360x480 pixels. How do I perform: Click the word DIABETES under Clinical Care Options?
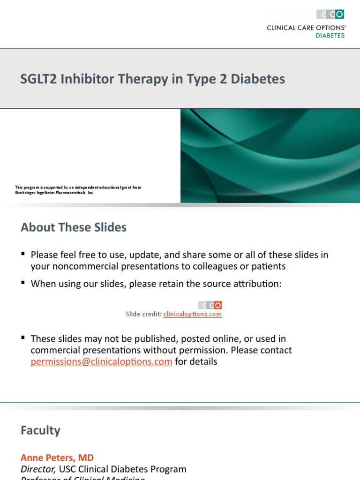click(x=330, y=36)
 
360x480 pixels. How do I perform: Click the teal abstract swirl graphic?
click(x=270, y=156)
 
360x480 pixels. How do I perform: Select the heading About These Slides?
click(x=74, y=228)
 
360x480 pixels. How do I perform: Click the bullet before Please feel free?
click(x=23, y=254)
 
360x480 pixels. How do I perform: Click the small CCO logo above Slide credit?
click(x=210, y=305)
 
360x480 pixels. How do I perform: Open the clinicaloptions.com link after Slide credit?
click(x=193, y=315)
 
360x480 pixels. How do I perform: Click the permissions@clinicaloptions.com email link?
click(x=102, y=362)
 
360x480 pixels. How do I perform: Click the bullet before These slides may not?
click(x=23, y=337)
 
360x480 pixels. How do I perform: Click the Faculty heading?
click(x=40, y=430)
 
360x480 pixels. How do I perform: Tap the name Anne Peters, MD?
click(x=57, y=457)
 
